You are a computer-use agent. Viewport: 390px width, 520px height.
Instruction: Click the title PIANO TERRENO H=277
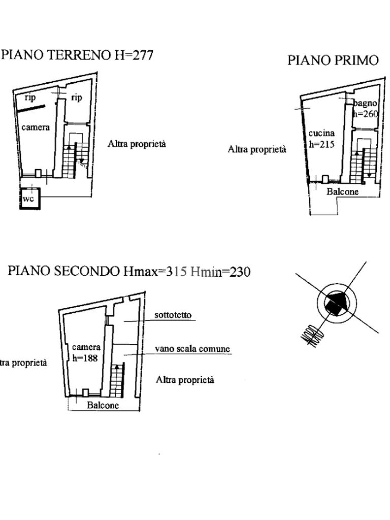pyautogui.click(x=77, y=55)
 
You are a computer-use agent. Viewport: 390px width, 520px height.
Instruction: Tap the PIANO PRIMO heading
pyautogui.click(x=333, y=60)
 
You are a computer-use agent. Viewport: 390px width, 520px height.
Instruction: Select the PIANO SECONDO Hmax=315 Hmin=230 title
pyautogui.click(x=129, y=272)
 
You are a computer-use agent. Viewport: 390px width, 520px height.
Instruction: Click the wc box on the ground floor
pyautogui.click(x=29, y=199)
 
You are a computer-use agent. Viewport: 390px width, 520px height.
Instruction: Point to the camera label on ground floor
pyautogui.click(x=36, y=127)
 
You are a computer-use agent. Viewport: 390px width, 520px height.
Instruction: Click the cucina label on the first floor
pyautogui.click(x=321, y=134)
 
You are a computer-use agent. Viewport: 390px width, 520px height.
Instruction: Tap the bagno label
pyautogui.click(x=366, y=104)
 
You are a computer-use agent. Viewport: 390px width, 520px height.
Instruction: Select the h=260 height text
pyautogui.click(x=366, y=114)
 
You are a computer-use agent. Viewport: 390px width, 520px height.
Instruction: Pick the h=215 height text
pyautogui.click(x=321, y=144)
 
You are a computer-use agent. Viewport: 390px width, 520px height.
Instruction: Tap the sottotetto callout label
pyautogui.click(x=173, y=315)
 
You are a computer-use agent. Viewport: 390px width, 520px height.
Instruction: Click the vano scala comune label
pyautogui.click(x=192, y=349)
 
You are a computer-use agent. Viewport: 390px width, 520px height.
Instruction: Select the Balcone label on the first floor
pyautogui.click(x=342, y=191)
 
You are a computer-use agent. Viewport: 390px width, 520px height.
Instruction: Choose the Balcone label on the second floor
pyautogui.click(x=103, y=405)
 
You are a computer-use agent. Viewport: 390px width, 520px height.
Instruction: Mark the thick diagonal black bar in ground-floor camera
pyautogui.click(x=31, y=108)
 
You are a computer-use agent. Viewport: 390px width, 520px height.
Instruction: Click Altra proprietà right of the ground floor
pyautogui.click(x=137, y=144)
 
